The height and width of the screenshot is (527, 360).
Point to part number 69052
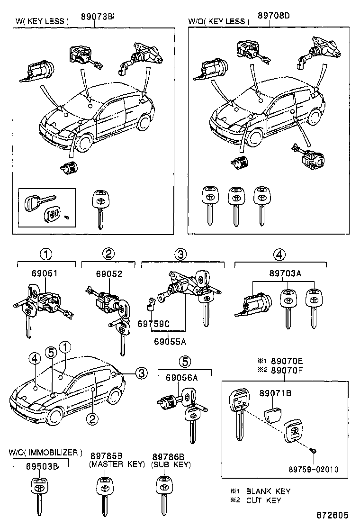pyautogui.click(x=109, y=274)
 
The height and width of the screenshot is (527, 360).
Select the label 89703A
pyautogui.click(x=286, y=274)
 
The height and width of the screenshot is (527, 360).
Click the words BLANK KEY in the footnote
pyautogui.click(x=268, y=491)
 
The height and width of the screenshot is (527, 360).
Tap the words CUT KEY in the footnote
pyautogui.click(x=263, y=500)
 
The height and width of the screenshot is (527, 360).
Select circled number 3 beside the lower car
pyautogui.click(x=140, y=373)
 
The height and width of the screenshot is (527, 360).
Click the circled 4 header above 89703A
pyautogui.click(x=279, y=254)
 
